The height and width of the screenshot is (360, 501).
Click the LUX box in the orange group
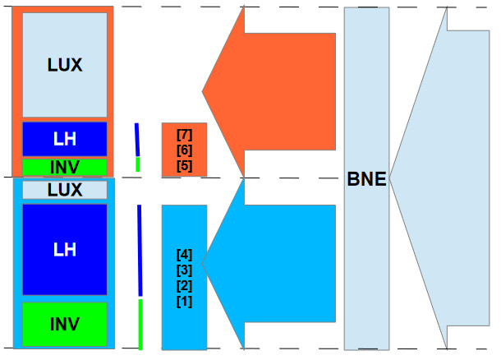[65, 64]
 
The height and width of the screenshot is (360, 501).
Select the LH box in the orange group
[65, 139]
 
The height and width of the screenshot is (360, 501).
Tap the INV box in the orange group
[65, 168]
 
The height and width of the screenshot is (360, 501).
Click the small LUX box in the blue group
[65, 190]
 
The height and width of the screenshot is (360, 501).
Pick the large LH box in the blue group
[65, 249]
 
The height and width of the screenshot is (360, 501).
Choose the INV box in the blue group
[65, 324]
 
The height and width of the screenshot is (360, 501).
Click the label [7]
[184, 135]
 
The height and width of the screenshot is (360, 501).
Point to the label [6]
[184, 150]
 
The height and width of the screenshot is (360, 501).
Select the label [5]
[184, 165]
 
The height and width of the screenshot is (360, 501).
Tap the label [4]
[184, 255]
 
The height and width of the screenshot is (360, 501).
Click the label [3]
[184, 270]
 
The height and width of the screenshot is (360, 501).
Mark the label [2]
[184, 285]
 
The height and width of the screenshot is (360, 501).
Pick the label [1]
[184, 301]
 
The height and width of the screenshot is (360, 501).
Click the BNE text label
[366, 178]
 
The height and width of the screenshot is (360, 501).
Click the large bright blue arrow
[279, 263]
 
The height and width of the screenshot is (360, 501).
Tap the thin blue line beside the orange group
[137, 140]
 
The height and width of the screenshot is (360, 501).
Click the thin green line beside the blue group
[140, 323]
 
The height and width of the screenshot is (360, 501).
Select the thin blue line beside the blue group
[140, 251]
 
